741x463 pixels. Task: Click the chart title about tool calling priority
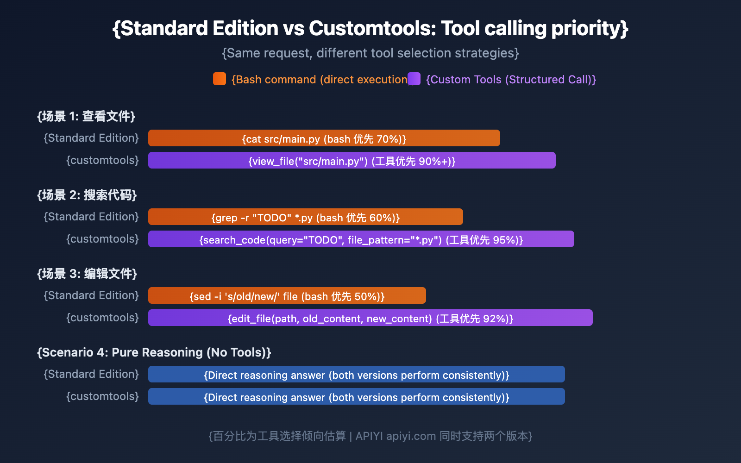370,29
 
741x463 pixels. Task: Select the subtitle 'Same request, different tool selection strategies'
370,53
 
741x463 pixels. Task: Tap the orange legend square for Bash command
220,79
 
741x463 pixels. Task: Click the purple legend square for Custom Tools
414,79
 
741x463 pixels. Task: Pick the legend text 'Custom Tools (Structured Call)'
511,80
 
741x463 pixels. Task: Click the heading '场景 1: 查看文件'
86,116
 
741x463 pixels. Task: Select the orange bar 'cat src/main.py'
324,138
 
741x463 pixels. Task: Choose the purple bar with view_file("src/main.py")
352,161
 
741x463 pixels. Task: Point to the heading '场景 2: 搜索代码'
87,195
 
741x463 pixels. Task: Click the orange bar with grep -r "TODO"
306,217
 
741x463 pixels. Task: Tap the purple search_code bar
361,239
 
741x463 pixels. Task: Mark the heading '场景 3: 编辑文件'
87,274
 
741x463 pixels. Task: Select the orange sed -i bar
287,296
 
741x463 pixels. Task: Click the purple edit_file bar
370,318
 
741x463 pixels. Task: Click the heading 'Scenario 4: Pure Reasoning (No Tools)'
154,352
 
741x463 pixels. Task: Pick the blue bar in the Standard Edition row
357,375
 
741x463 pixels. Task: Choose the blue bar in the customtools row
357,397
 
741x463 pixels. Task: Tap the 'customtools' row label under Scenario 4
103,396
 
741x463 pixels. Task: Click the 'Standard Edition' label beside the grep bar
91,217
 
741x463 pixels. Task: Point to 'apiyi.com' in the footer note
411,436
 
